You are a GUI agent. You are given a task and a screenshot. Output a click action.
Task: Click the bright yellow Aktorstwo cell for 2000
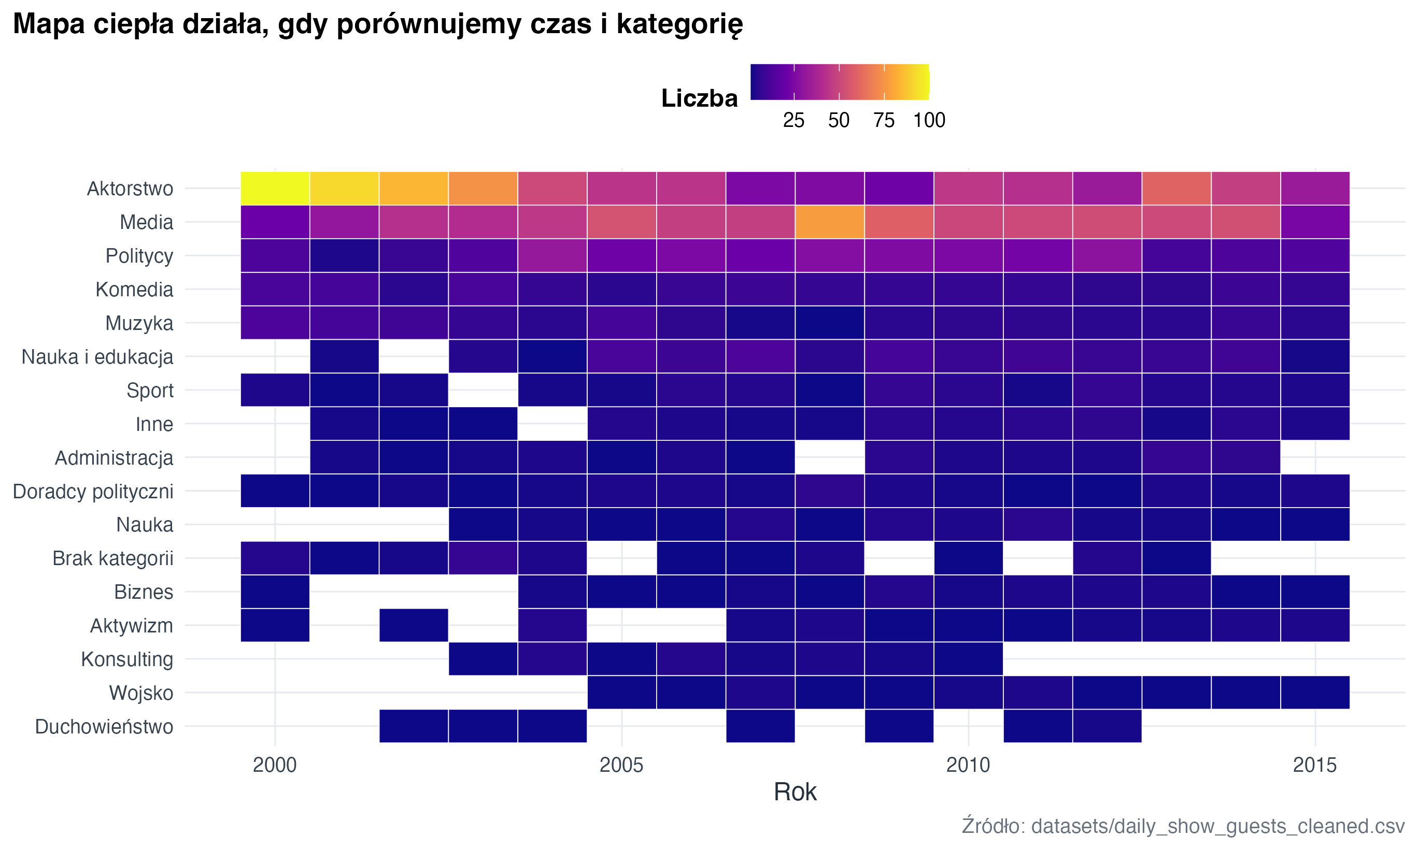point(275,188)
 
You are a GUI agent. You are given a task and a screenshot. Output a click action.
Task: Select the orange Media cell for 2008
point(829,222)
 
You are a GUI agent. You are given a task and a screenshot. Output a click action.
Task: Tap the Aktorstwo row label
point(130,189)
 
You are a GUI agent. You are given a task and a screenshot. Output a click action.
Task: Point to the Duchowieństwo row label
point(104,726)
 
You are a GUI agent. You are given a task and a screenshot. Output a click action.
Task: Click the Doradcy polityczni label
point(93,492)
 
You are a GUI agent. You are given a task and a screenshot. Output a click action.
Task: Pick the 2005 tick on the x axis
point(621,765)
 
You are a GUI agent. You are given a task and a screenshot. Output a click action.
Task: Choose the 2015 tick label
point(1315,765)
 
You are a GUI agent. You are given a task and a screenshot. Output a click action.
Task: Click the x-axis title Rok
point(795,792)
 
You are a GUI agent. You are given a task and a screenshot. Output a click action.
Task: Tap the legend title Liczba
point(699,98)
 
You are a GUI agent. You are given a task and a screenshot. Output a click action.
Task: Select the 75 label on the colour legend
point(884,120)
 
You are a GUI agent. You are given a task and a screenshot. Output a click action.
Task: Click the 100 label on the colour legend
point(929,120)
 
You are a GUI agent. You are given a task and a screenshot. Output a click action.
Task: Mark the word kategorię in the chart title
point(679,24)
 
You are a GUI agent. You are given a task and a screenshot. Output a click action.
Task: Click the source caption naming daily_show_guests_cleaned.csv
point(1183,826)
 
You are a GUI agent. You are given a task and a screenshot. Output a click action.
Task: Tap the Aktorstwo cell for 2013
point(1176,188)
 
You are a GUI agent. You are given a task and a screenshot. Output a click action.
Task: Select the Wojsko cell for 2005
point(621,693)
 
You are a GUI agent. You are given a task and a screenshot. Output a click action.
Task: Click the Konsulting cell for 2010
point(968,659)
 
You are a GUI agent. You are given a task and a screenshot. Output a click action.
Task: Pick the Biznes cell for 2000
point(275,592)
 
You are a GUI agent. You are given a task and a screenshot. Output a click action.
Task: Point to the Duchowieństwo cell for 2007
point(760,726)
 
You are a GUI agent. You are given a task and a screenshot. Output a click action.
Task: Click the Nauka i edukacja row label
point(97,357)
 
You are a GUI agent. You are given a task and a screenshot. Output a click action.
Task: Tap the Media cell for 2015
point(1315,222)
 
